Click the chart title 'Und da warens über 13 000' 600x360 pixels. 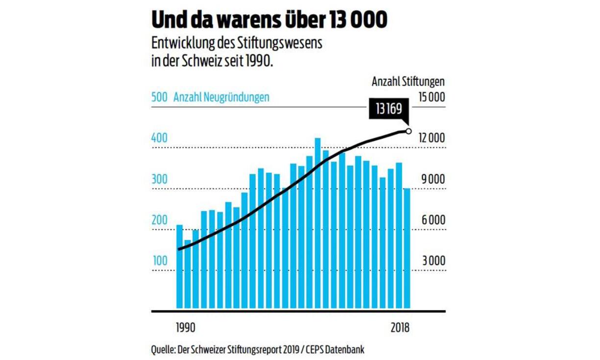[x=269, y=20]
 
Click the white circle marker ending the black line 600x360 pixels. [x=408, y=131]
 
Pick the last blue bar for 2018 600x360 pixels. [x=407, y=250]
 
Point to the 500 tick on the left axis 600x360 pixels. [x=159, y=97]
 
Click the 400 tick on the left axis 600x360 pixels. [x=159, y=139]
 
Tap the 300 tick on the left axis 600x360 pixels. [x=159, y=179]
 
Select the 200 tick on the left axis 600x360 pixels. [x=159, y=220]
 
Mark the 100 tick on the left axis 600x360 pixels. [x=159, y=261]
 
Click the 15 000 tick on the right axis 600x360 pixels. [x=432, y=97]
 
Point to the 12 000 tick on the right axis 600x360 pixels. [x=432, y=139]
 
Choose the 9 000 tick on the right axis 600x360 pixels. [x=433, y=179]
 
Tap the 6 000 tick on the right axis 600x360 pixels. [x=433, y=220]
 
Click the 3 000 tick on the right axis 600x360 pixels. [x=433, y=261]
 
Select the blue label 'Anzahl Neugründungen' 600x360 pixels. [x=221, y=97]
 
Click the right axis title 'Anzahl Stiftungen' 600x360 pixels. [x=408, y=82]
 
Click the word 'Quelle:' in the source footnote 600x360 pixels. [x=164, y=350]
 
